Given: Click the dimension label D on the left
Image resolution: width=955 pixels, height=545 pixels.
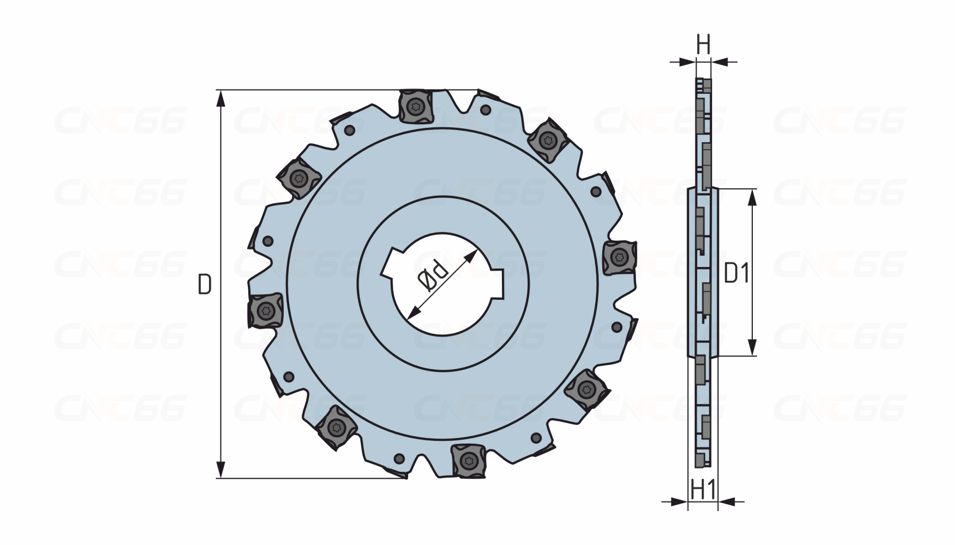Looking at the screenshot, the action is (204, 285).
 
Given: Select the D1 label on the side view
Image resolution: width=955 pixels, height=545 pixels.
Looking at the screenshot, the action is (736, 274).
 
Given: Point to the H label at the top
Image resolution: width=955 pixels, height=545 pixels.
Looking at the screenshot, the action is (703, 45).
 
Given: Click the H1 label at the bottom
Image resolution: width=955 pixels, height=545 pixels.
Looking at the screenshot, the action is (704, 489).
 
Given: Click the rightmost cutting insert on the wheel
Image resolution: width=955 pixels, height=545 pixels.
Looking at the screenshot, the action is (619, 257).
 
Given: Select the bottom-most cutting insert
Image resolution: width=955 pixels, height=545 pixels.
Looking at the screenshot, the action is (467, 461).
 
